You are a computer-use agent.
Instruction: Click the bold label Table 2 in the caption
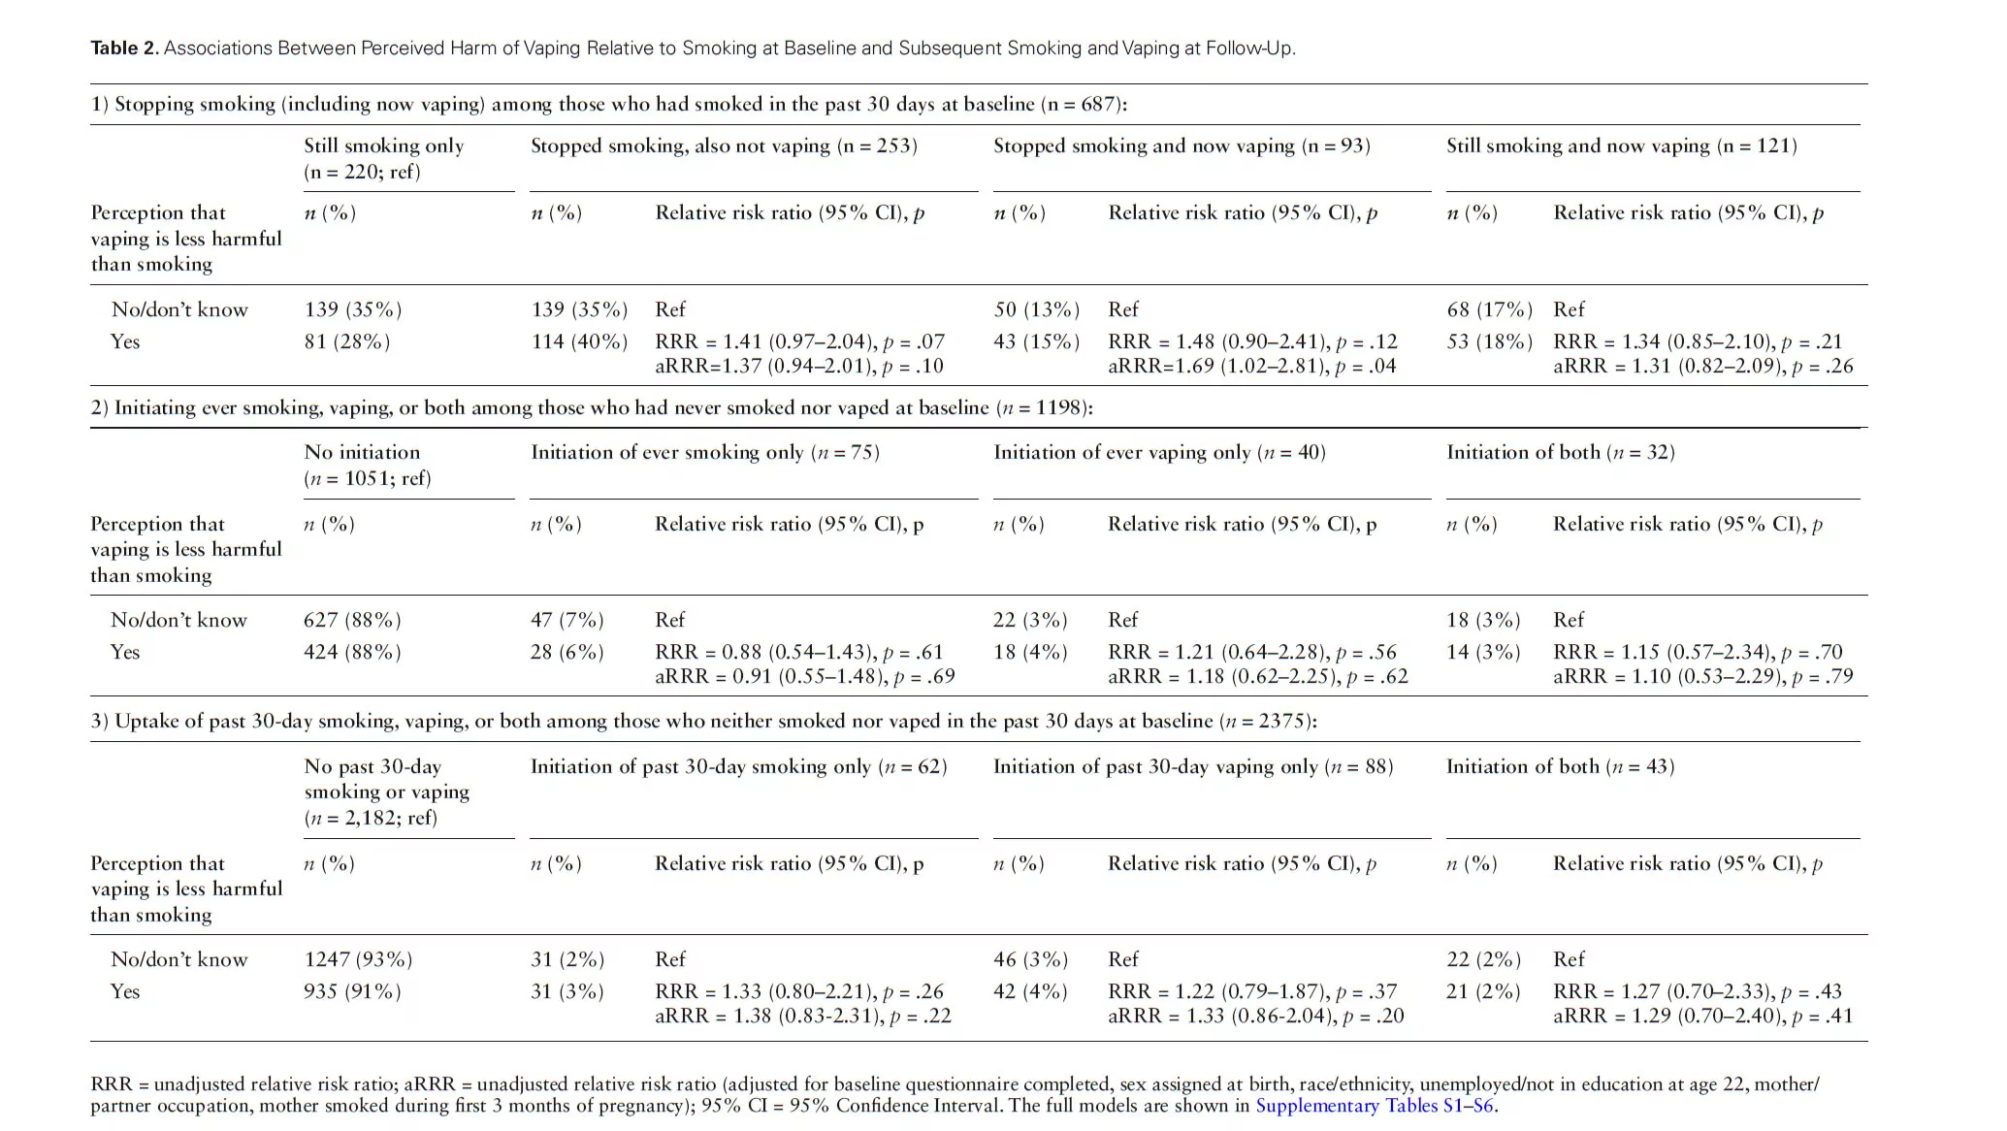(124, 48)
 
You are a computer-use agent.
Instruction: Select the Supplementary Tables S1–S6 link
(1376, 1106)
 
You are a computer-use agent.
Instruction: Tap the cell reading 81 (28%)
(347, 341)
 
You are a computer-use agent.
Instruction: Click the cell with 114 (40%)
(579, 341)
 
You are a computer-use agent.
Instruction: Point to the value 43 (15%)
(1037, 341)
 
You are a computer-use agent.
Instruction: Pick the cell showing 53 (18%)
(1490, 341)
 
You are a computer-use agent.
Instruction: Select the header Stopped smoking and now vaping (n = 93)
(1182, 146)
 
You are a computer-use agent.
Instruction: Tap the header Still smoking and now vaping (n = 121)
(1622, 146)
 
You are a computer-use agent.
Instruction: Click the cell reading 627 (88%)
(352, 620)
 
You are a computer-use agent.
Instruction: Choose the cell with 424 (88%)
(352, 652)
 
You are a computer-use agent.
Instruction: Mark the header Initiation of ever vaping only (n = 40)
(1159, 453)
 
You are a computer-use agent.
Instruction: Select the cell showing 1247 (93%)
(358, 959)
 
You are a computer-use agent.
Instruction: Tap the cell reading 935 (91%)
(352, 991)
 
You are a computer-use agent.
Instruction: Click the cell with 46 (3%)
(1030, 959)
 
